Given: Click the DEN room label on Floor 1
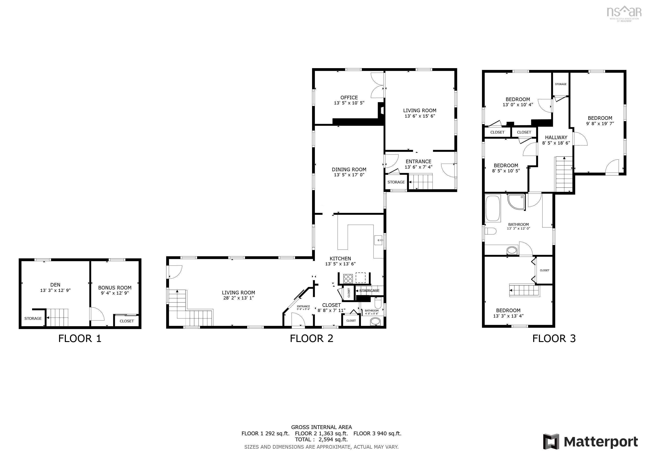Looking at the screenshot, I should coord(55,285).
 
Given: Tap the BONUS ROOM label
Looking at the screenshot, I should coord(115,287).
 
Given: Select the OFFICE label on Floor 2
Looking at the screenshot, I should coord(349,98).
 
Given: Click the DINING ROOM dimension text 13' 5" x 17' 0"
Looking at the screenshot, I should coord(349,175).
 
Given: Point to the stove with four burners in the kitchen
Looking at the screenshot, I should coord(348,279).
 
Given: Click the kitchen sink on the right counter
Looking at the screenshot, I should coord(379,240).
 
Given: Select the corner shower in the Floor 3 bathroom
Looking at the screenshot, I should coord(516,201).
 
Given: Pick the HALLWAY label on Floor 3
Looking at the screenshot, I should coord(556,137).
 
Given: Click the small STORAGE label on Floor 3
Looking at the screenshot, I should coord(561,84).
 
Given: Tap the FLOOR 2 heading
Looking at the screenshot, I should coord(311,338).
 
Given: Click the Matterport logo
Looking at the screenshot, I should coord(590,442).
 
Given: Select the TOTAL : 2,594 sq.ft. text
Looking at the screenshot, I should coord(321,440).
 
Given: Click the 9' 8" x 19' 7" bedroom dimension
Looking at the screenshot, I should coord(600,124).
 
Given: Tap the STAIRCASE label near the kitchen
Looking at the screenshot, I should coord(369,291).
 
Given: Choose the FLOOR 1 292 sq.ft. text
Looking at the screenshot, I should coord(265,433).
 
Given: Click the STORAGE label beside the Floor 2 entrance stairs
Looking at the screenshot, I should coord(396,182).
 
